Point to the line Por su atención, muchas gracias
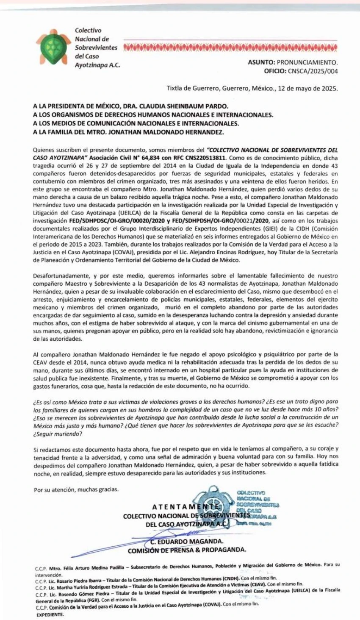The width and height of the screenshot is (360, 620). click(76, 490)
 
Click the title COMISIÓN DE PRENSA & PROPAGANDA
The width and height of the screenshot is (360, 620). click(187, 550)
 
